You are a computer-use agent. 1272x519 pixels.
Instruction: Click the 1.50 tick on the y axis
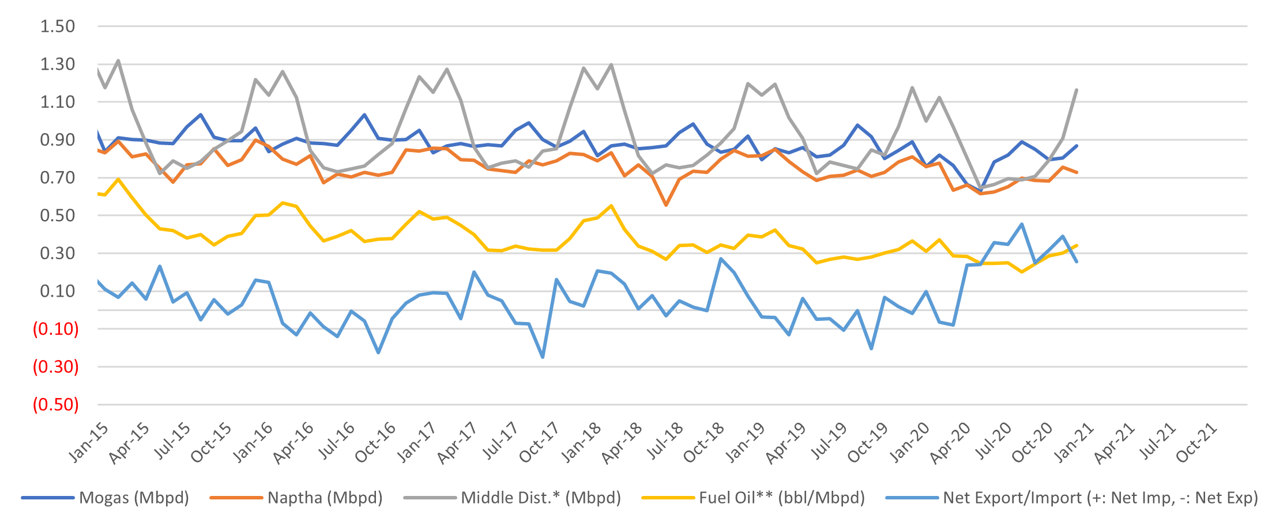(57, 26)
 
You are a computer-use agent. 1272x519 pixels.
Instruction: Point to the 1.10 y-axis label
(57, 102)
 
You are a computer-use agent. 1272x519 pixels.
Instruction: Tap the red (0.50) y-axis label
(55, 404)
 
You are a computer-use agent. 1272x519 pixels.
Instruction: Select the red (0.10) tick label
(55, 329)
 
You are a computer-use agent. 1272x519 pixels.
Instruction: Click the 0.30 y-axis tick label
(57, 253)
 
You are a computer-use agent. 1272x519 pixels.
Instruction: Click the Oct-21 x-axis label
(1196, 444)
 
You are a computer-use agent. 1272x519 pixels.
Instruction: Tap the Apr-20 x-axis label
(950, 444)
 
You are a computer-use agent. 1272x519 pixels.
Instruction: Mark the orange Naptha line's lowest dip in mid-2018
(666, 205)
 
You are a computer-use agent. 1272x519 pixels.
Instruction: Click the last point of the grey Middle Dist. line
(1077, 90)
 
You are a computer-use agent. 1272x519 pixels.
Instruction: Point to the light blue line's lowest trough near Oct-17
(543, 357)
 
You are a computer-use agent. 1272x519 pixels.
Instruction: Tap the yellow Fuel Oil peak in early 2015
(119, 179)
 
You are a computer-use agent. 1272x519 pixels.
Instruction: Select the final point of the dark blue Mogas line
(1077, 146)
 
